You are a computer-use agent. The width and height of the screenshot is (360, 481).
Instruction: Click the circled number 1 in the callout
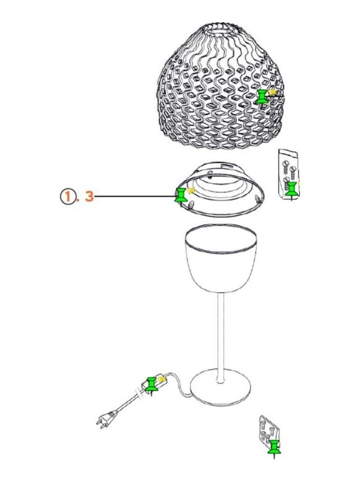[x=67, y=197]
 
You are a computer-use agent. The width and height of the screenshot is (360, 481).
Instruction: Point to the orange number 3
[x=89, y=197]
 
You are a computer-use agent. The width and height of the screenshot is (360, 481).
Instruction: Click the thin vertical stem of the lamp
[x=219, y=334]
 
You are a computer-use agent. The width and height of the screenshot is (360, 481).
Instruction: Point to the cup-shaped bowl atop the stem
[x=220, y=260]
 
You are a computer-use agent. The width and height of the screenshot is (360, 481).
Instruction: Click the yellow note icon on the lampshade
[x=272, y=93]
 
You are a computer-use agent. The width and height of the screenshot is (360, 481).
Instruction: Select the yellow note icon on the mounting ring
[x=191, y=191]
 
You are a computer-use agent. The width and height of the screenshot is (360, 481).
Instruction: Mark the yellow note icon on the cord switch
[x=163, y=378]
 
